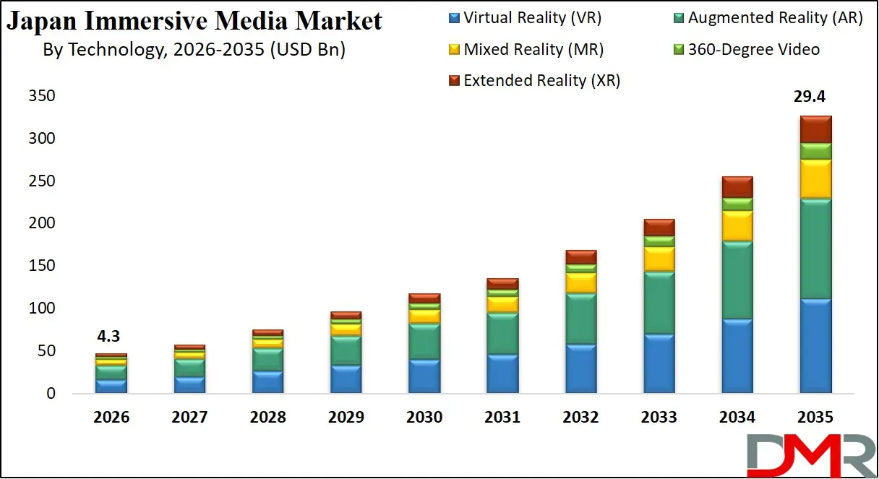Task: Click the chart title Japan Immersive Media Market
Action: [194, 22]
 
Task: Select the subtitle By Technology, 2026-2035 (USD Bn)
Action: [194, 51]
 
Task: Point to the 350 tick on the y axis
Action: [43, 96]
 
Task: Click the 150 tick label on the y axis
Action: [43, 266]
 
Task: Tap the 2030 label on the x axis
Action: [424, 418]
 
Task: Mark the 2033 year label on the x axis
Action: [659, 418]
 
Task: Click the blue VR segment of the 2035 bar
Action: [815, 345]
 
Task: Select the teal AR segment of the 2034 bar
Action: [737, 280]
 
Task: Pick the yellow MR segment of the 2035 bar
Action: [815, 179]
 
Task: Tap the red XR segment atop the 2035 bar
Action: [815, 129]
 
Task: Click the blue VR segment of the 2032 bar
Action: [581, 368]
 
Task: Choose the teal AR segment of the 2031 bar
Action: [502, 333]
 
